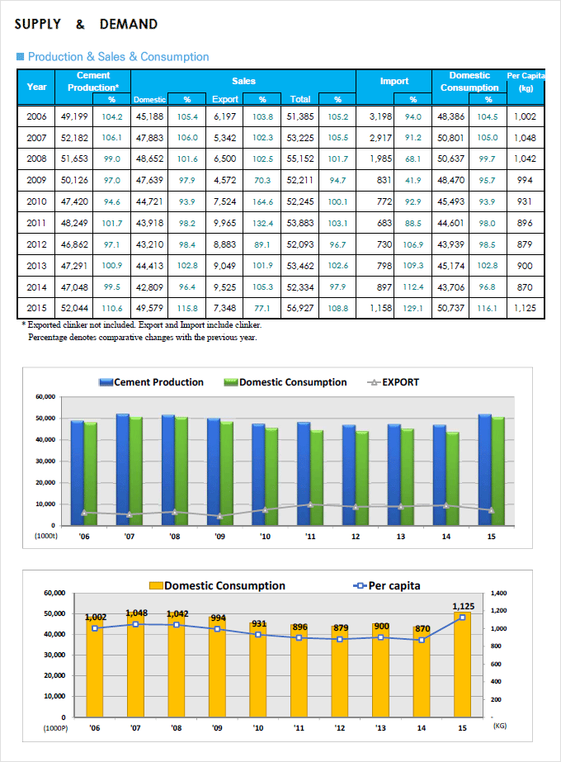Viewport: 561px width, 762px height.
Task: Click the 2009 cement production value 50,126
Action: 74,180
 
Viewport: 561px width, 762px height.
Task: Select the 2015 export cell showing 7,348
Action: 225,308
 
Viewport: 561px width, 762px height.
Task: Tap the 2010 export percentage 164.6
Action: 263,201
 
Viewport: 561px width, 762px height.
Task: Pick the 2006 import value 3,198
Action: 380,116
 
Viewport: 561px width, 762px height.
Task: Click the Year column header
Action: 36,87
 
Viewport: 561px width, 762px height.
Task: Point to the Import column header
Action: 394,81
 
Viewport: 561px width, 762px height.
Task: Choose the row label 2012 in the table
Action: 36,244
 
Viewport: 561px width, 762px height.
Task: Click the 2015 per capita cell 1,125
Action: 525,308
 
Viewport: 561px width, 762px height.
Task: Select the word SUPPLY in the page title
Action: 38,24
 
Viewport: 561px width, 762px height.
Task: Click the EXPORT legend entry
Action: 393,382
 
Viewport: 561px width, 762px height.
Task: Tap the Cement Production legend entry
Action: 151,382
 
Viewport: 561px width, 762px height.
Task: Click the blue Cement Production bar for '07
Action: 122,470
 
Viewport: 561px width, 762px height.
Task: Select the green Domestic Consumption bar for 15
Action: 497,471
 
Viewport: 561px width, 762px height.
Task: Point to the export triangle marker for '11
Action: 310,504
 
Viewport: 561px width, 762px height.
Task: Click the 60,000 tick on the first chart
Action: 45,396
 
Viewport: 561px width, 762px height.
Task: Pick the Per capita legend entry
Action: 387,585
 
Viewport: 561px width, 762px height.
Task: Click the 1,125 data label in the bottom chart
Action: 464,606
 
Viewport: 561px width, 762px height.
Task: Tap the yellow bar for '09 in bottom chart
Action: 217,667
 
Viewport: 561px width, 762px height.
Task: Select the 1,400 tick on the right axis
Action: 499,593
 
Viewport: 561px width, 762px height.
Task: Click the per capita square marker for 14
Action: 422,640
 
